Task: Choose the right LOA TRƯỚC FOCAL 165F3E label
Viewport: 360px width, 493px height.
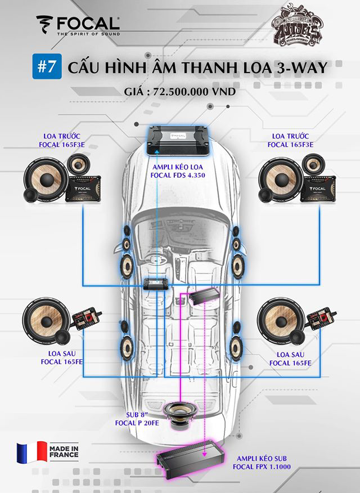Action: point(292,140)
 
